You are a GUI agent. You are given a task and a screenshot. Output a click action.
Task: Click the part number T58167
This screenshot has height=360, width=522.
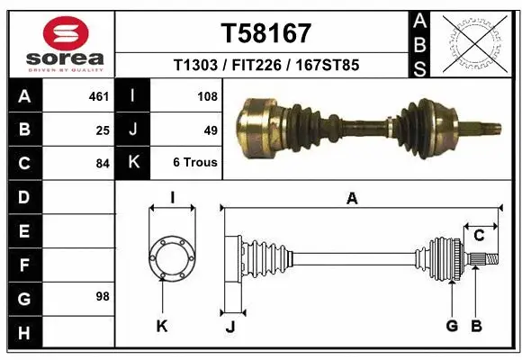coord(265,32)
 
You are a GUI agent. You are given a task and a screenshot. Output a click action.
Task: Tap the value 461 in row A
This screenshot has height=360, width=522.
coord(99,94)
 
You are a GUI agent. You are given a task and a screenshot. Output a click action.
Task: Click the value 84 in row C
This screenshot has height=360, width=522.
coord(103,164)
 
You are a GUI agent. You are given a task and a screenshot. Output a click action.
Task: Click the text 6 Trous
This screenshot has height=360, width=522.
coord(195,164)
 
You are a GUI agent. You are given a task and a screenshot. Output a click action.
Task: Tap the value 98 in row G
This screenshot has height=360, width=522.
coord(103,296)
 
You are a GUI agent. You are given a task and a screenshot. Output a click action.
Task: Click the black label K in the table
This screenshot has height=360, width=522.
coord(133,164)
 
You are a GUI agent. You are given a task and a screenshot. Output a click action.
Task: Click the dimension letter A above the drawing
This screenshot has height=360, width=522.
coord(352,199)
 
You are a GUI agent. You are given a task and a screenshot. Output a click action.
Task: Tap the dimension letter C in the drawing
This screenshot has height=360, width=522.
coord(480,236)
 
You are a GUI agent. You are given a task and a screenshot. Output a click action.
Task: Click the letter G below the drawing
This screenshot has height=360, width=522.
coord(452,326)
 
